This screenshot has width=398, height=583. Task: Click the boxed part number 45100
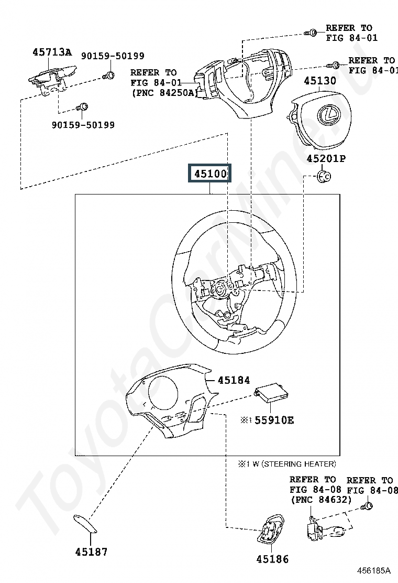pos(209,174)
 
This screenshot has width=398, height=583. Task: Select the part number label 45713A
pos(52,52)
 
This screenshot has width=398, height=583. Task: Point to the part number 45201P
pos(326,158)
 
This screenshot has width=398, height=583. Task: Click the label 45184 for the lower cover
pos(234,380)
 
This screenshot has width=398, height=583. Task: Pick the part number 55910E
pos(274,420)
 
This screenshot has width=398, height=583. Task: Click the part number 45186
pos(272,559)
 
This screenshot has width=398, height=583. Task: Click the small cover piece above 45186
pos(272,531)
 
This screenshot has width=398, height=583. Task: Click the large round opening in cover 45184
pos(163,393)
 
